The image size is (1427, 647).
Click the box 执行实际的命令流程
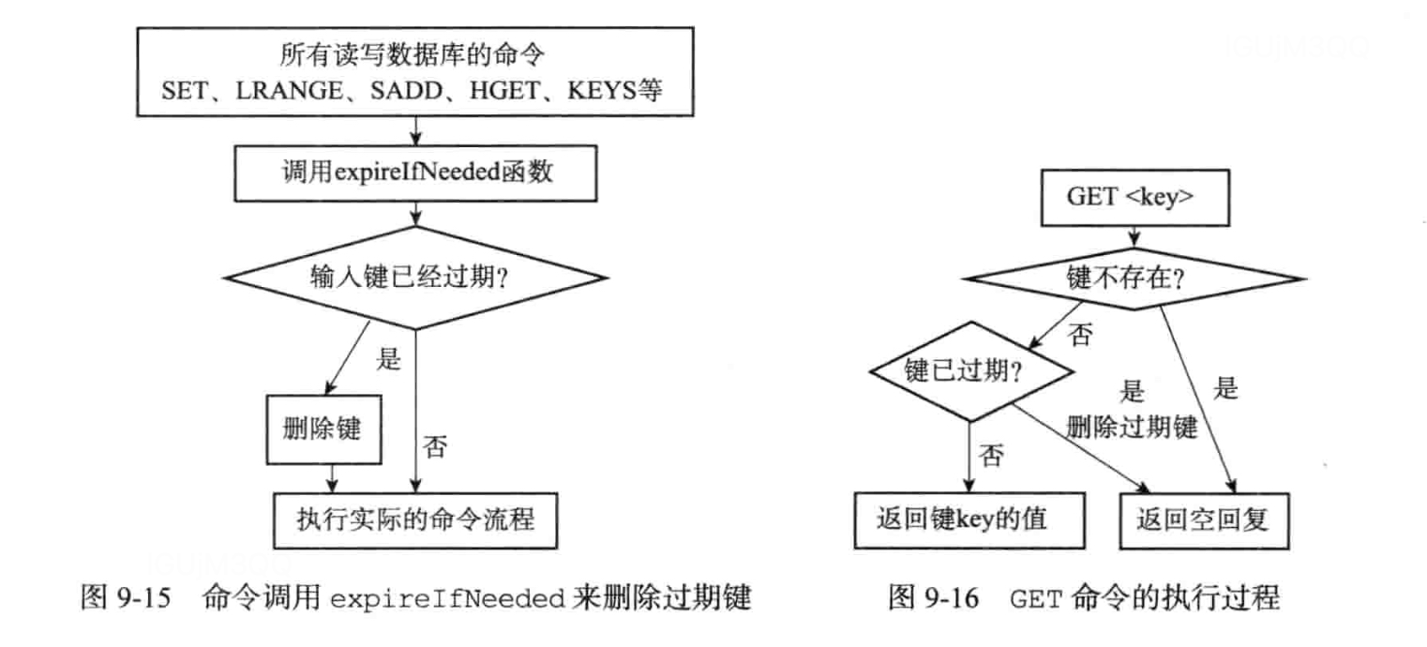pyautogui.click(x=413, y=519)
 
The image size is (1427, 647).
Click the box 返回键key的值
pyautogui.click(x=959, y=519)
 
